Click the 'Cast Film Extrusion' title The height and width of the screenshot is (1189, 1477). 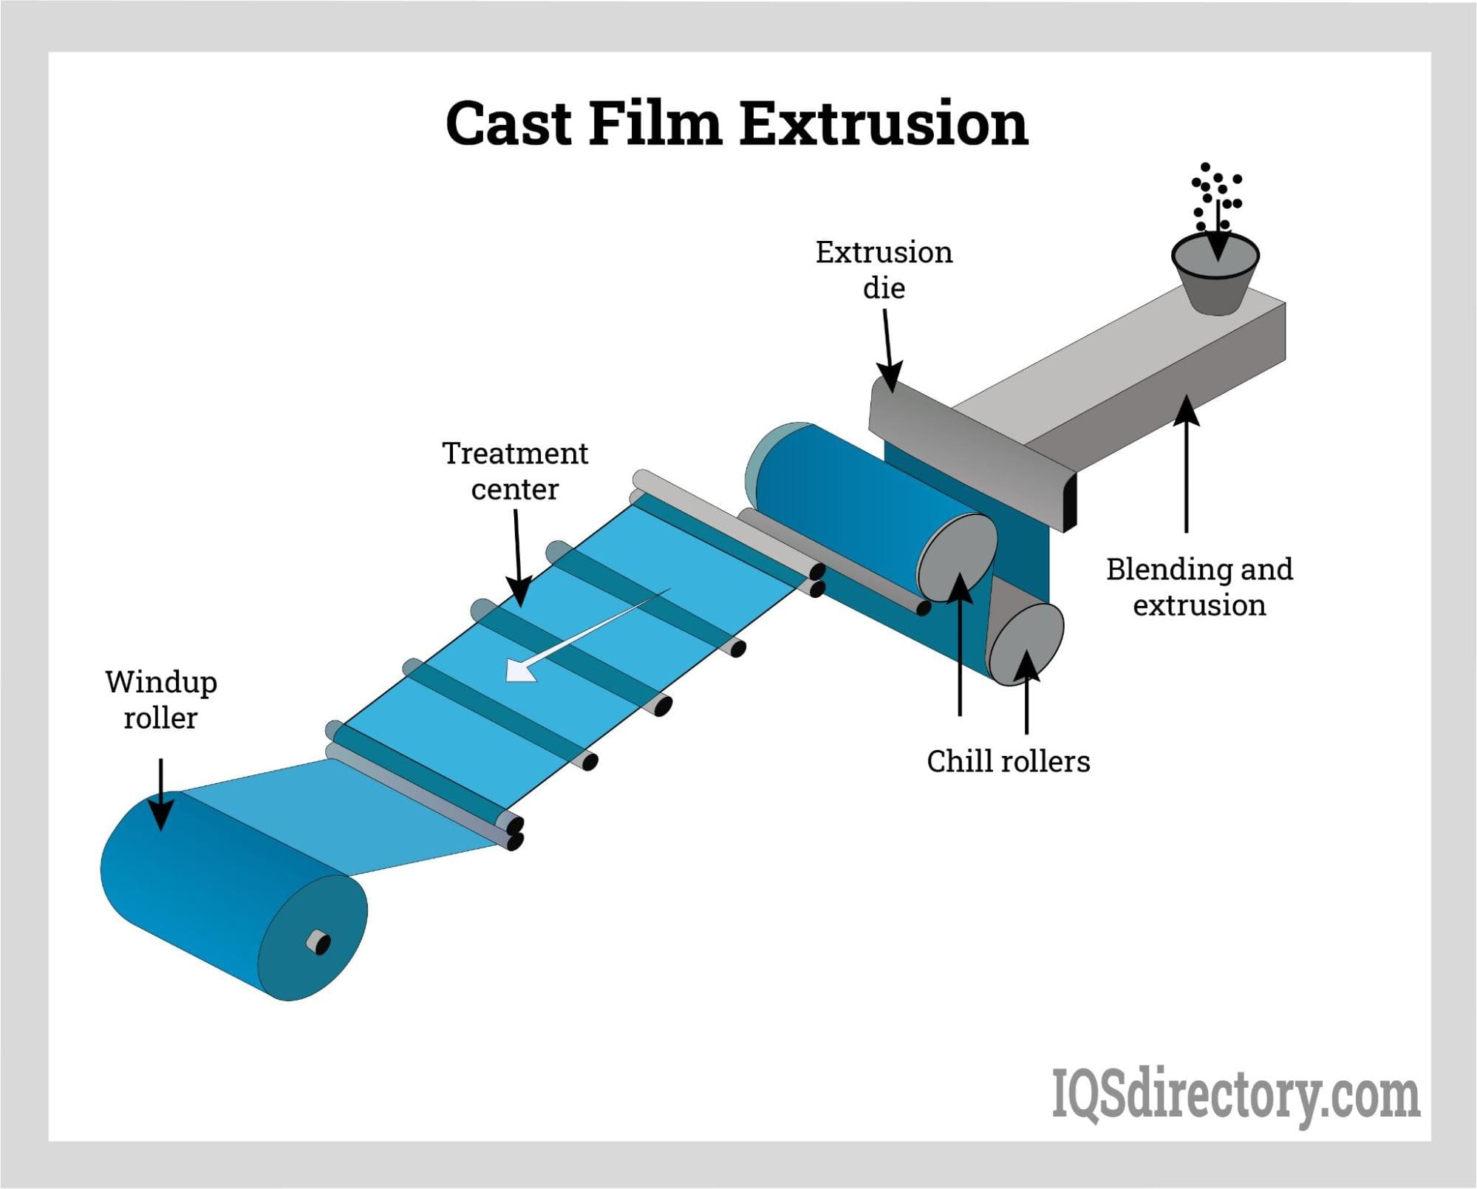[737, 123]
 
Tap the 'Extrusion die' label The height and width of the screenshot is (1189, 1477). [884, 270]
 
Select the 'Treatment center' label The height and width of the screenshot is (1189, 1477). [515, 471]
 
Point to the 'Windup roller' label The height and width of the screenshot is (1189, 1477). [161, 699]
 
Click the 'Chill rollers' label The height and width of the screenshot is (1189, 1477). [1008, 761]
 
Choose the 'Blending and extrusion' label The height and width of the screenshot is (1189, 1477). [1199, 587]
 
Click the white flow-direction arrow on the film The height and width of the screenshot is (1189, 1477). [576, 638]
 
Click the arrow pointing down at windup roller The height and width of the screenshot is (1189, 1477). [161, 794]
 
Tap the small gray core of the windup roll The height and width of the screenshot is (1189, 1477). [319, 942]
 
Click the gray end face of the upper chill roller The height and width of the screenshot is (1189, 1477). [956, 558]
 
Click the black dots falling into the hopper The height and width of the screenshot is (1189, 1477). [1215, 196]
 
